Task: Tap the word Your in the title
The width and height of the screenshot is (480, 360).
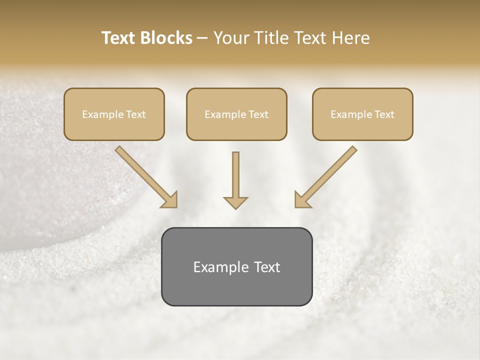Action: pyautogui.click(x=230, y=38)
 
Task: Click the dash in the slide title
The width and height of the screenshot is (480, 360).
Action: pyautogui.click(x=202, y=38)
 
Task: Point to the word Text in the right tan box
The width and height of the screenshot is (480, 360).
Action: pyautogui.click(x=384, y=114)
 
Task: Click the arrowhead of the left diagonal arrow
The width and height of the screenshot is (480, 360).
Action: pyautogui.click(x=170, y=200)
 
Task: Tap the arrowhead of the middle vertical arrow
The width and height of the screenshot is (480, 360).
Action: pyautogui.click(x=235, y=202)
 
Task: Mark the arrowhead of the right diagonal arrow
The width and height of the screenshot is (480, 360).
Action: pyautogui.click(x=301, y=200)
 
